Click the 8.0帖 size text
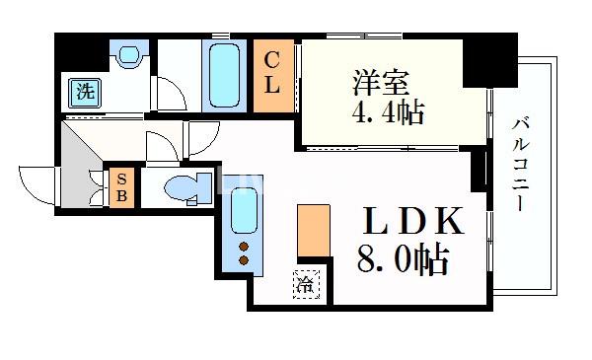point(403,261)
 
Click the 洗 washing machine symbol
point(86,93)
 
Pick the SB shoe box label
point(121,186)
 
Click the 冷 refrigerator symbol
point(305,287)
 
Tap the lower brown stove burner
point(243,260)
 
